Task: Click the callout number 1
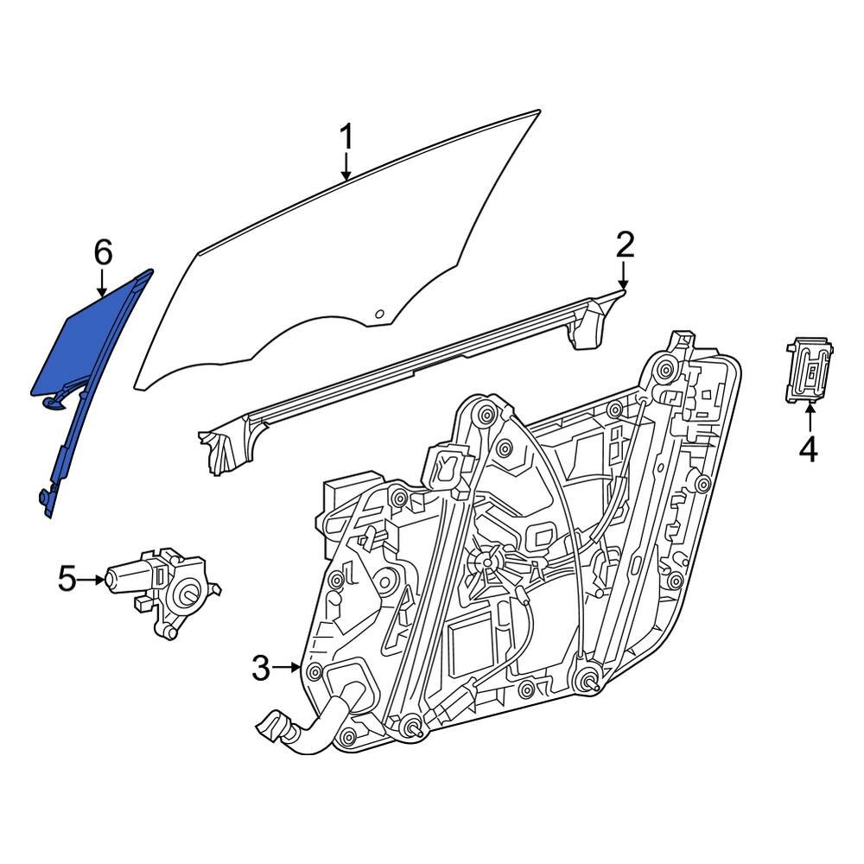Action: pos(346,137)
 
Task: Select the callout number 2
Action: pos(625,245)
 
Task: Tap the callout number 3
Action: pos(261,667)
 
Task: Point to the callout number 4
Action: pos(808,449)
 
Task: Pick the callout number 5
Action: pos(67,579)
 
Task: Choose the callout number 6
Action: pos(103,253)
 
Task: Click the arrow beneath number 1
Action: pos(346,167)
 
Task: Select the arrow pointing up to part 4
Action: pos(810,418)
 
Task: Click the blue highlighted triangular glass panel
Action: pos(86,346)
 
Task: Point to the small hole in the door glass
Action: pos(379,314)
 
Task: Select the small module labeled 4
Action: pos(810,370)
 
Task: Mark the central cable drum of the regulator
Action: pos(486,562)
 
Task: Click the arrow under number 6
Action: pos(103,284)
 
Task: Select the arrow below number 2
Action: pos(624,276)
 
